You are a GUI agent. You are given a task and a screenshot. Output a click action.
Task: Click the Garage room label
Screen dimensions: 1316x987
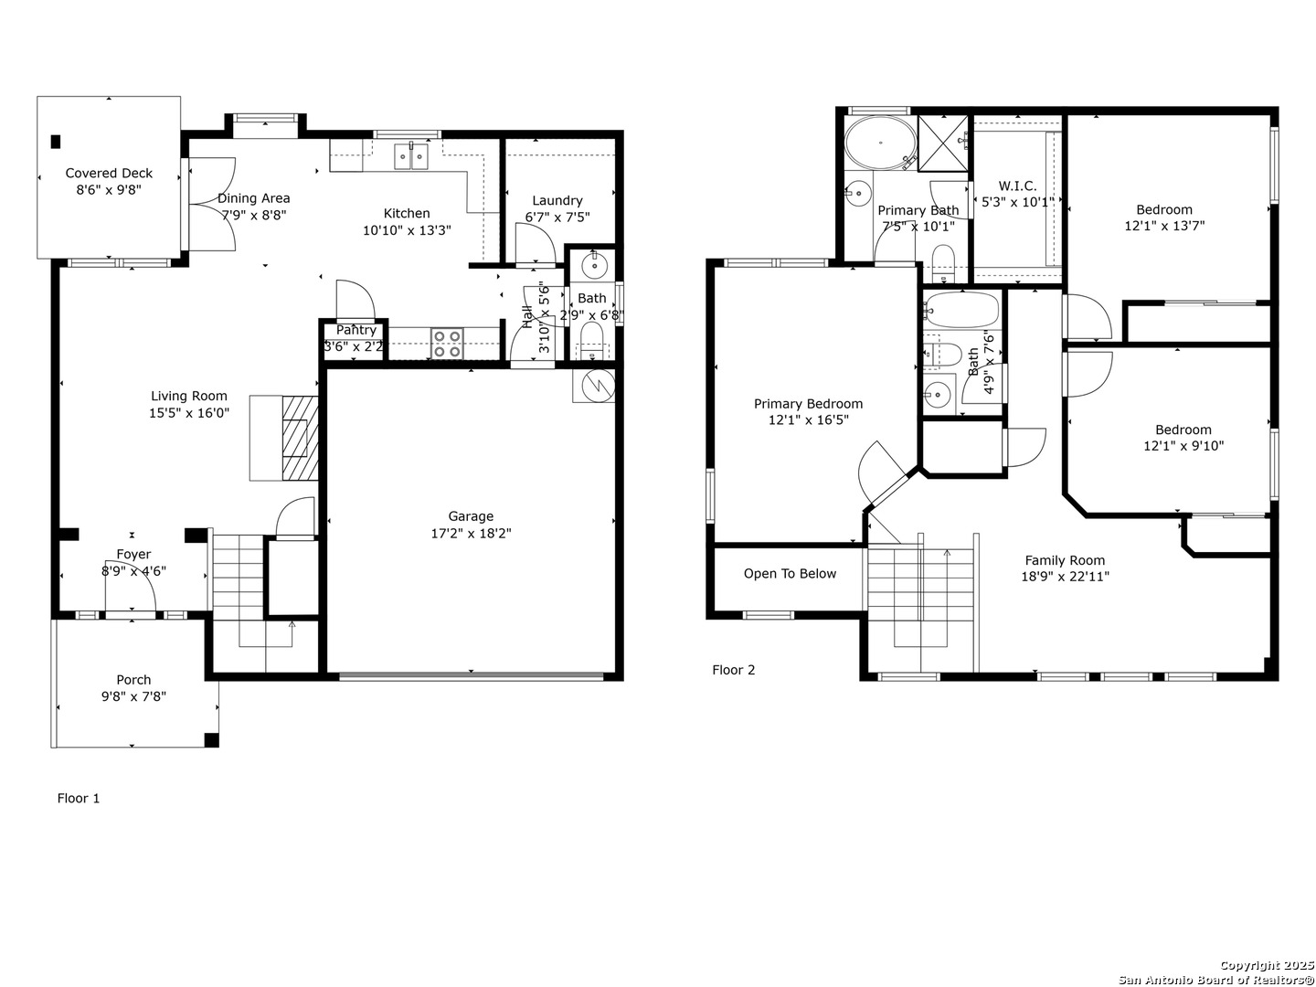coord(471,516)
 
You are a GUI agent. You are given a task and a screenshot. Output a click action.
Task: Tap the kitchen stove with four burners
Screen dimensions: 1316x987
coord(447,344)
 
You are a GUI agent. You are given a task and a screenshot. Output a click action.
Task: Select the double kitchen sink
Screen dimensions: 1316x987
coord(411,157)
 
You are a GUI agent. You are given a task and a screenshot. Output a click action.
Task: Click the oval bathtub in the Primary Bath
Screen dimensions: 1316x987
coord(880,143)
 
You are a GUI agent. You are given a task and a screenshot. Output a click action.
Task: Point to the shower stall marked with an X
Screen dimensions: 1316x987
coord(942,143)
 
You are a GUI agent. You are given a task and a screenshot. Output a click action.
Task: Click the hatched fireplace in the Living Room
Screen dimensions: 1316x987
coord(300,438)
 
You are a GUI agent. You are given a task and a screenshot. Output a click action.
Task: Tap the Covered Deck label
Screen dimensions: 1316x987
coord(109,174)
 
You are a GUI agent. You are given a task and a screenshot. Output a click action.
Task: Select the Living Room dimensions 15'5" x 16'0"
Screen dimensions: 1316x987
coord(189,413)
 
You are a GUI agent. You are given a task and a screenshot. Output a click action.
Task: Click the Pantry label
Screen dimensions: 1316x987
coord(356,330)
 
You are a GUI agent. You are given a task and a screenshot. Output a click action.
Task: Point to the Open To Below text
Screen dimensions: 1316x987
coord(790,574)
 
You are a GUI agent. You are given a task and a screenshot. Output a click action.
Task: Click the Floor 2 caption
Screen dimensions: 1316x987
coord(733,670)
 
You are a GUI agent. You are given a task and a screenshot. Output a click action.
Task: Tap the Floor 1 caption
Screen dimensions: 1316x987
coord(79,798)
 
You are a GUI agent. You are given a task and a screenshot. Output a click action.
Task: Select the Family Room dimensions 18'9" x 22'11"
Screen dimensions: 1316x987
coord(1065,577)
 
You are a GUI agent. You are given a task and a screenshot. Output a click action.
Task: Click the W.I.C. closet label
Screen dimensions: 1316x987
coord(1017,186)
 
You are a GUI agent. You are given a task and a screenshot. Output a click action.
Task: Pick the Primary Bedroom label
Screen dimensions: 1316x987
coord(808,404)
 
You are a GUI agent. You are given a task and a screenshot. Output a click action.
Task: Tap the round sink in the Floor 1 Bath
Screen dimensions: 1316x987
coord(593,264)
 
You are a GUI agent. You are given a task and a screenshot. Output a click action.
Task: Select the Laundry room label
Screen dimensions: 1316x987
coord(557,201)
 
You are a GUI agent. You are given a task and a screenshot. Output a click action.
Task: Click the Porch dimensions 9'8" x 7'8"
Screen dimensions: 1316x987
coord(133,696)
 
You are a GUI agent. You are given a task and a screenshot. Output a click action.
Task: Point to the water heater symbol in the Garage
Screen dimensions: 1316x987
coord(593,386)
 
